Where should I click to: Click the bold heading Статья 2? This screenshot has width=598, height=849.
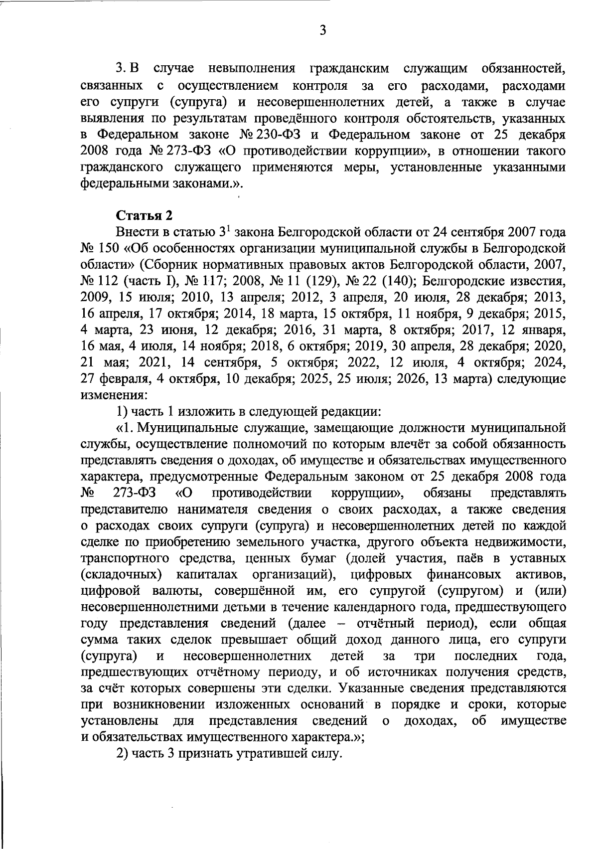click(145, 216)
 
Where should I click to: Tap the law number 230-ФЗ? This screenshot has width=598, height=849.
click(286, 135)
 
